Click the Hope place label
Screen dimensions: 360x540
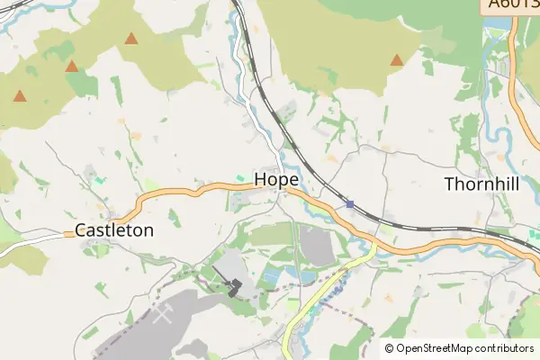276,179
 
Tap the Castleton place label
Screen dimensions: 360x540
114,229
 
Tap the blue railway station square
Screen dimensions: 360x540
349,204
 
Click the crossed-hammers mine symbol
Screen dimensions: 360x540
164,314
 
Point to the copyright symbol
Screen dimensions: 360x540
389,348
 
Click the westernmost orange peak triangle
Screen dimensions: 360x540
19,95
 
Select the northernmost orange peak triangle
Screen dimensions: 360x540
131,39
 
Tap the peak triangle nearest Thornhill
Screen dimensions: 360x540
396,60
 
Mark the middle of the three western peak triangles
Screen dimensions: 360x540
71,66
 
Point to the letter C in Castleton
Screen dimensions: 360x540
80,229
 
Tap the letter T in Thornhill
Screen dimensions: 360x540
450,184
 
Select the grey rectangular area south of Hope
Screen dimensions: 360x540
316,246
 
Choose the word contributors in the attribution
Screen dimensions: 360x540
505,348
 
